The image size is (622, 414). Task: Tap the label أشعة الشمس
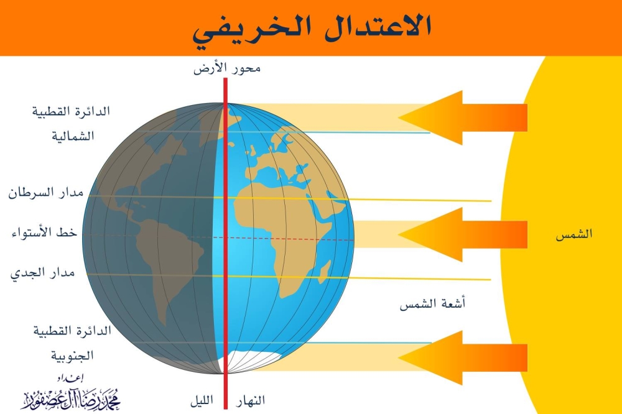click(x=434, y=304)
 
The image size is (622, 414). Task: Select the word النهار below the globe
click(x=249, y=400)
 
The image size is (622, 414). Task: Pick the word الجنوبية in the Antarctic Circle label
click(x=72, y=356)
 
